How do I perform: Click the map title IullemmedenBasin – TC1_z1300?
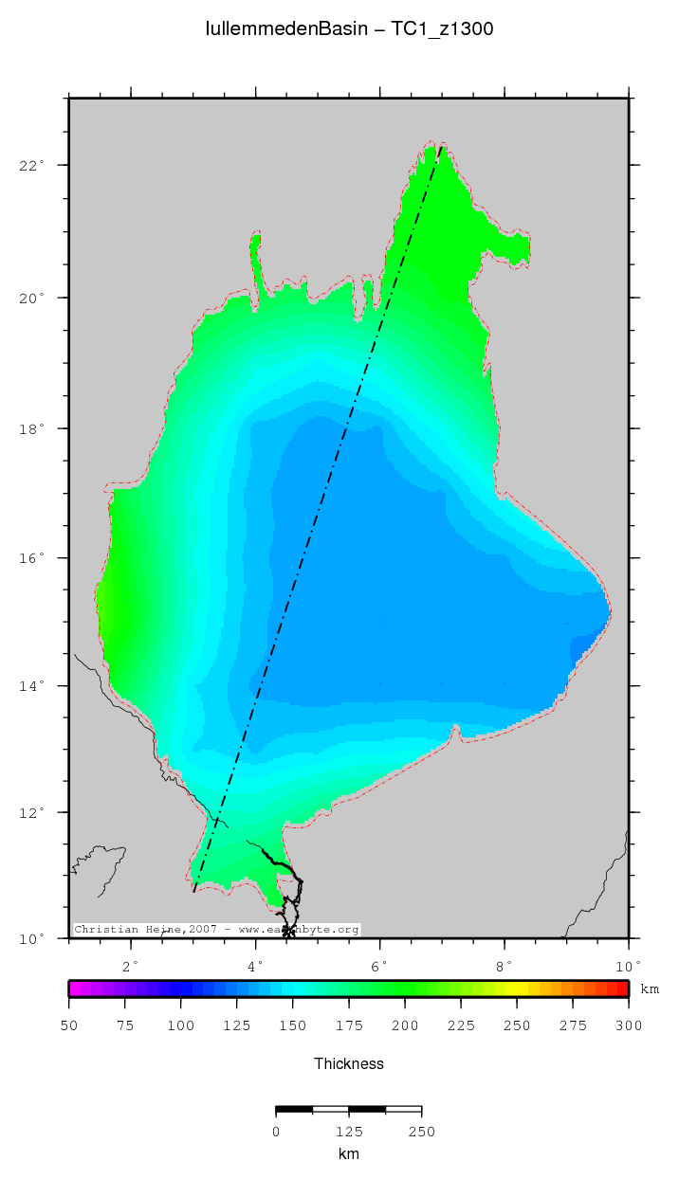(349, 29)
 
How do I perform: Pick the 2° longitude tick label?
(131, 965)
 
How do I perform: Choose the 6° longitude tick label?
(380, 965)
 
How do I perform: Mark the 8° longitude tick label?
(505, 965)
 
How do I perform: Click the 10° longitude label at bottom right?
(627, 965)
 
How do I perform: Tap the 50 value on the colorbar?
(68, 1025)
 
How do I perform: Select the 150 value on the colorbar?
(292, 1025)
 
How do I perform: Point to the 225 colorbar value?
(461, 1025)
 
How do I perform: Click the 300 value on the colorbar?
(629, 1025)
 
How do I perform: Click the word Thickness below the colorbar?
(349, 1063)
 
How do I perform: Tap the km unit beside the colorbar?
(650, 989)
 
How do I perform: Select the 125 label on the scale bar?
(349, 1131)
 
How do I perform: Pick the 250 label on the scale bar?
(421, 1131)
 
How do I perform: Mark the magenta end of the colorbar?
(75, 989)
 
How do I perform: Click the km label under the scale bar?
(349, 1153)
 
